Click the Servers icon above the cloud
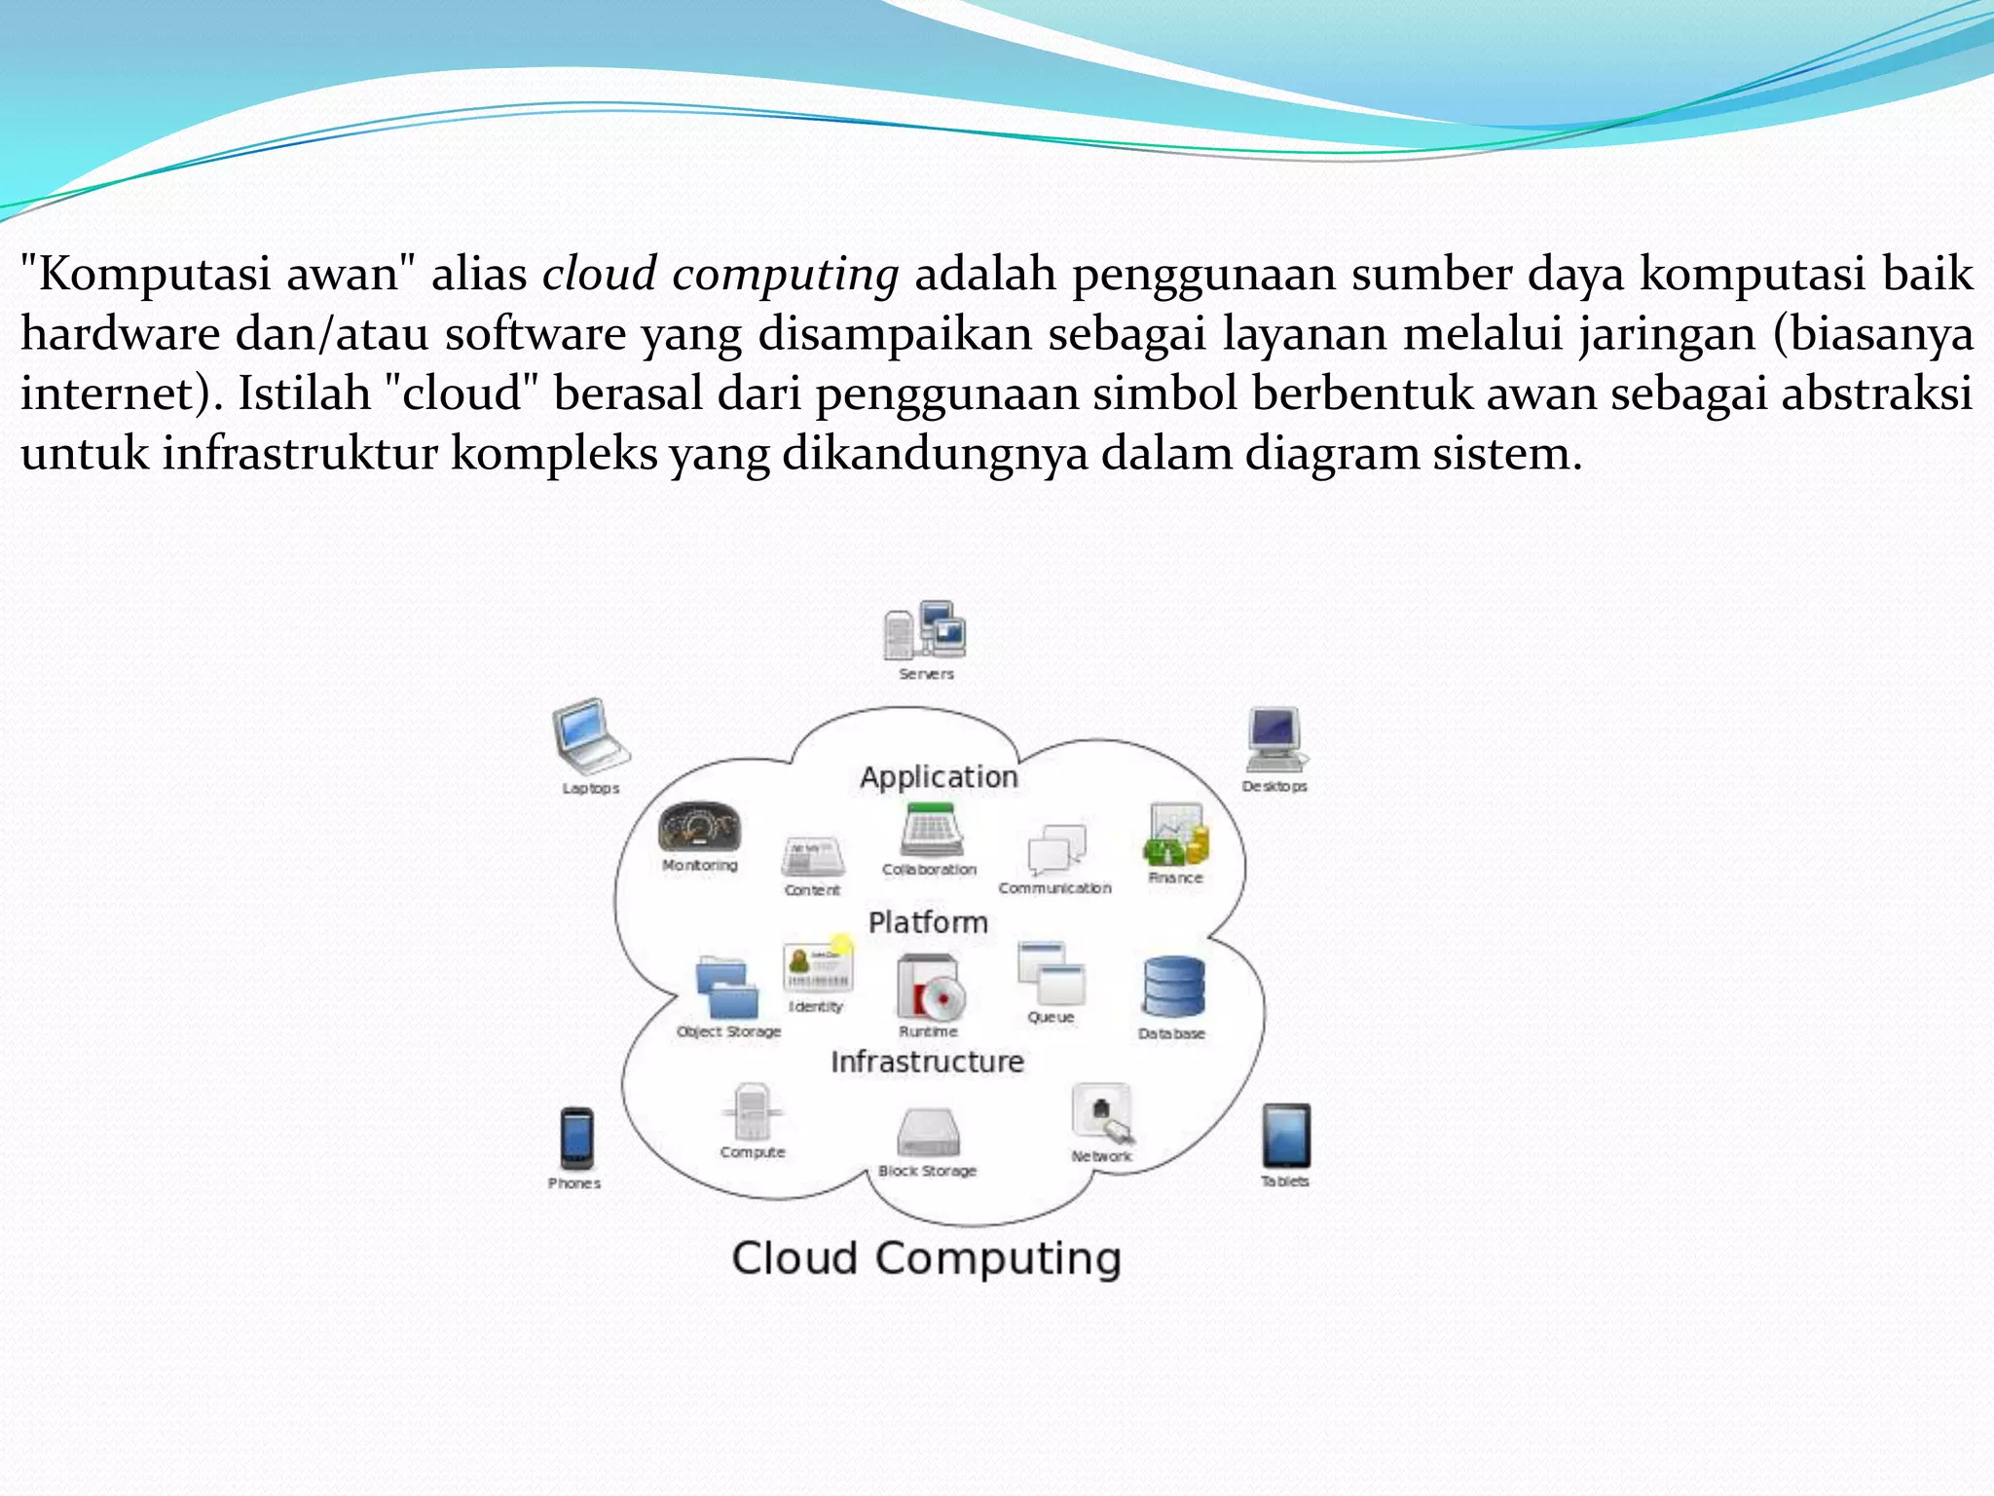click(x=925, y=630)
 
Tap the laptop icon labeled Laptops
click(x=590, y=735)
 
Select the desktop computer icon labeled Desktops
click(x=1275, y=739)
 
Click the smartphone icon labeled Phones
click(x=576, y=1138)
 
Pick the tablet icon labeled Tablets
click(x=1286, y=1135)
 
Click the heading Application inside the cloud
click(x=939, y=776)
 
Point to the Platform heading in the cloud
click(x=928, y=921)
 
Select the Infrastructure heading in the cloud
click(x=927, y=1061)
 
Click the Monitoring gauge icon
click(x=699, y=828)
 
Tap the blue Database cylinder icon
click(x=1173, y=987)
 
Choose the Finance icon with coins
click(x=1176, y=835)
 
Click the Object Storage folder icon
click(x=727, y=988)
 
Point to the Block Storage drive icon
click(x=928, y=1132)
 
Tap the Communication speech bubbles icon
click(x=1056, y=848)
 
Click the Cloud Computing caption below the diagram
click(x=926, y=1257)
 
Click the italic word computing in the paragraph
click(x=785, y=274)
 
